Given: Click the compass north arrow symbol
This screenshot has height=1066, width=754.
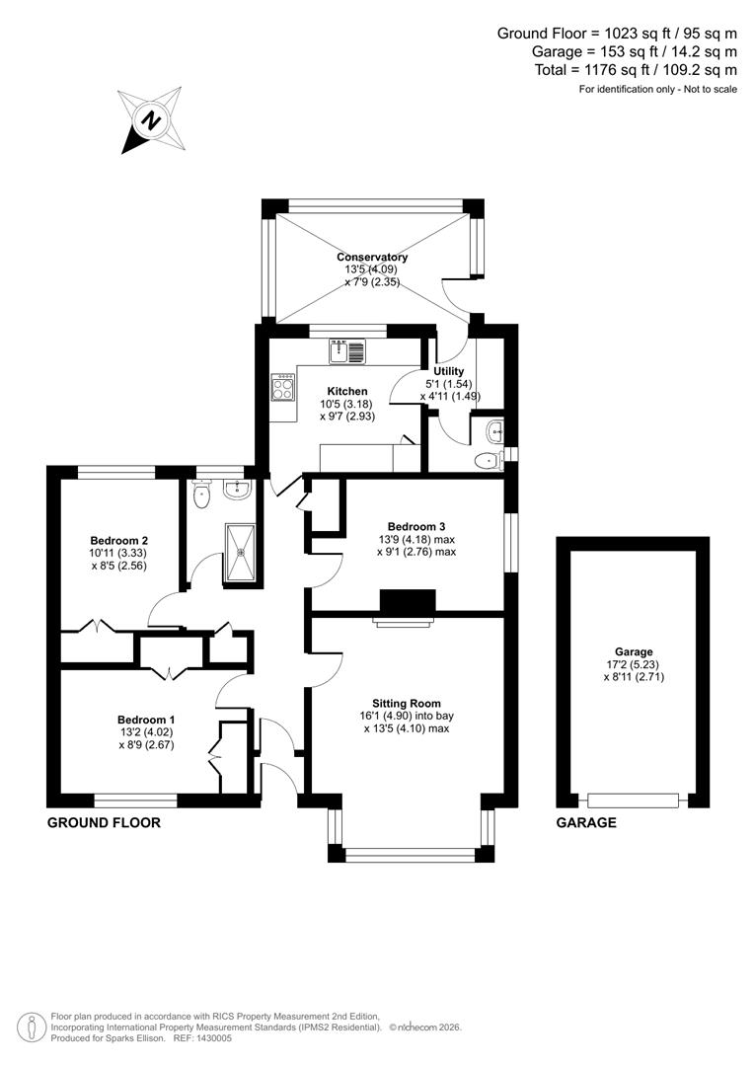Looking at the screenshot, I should coord(151,119).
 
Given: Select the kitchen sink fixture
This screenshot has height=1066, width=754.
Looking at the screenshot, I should coord(347,349).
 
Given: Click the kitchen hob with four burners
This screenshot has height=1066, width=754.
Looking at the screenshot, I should coord(282,387).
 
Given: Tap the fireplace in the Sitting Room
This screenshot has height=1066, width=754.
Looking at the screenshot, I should coord(407,604).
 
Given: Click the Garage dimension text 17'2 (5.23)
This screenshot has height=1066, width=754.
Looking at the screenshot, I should coord(634,665).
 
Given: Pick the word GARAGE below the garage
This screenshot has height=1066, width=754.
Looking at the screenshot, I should coord(586,822).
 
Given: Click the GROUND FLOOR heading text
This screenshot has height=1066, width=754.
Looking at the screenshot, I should coord(104,822).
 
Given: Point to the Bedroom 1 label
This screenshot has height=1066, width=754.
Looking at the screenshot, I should coord(147,720).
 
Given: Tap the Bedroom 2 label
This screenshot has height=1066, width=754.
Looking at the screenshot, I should coord(119,540).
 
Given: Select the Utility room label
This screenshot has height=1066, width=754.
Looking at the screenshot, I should coord(449,371).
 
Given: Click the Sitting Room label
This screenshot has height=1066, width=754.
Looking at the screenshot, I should coord(407,703).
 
